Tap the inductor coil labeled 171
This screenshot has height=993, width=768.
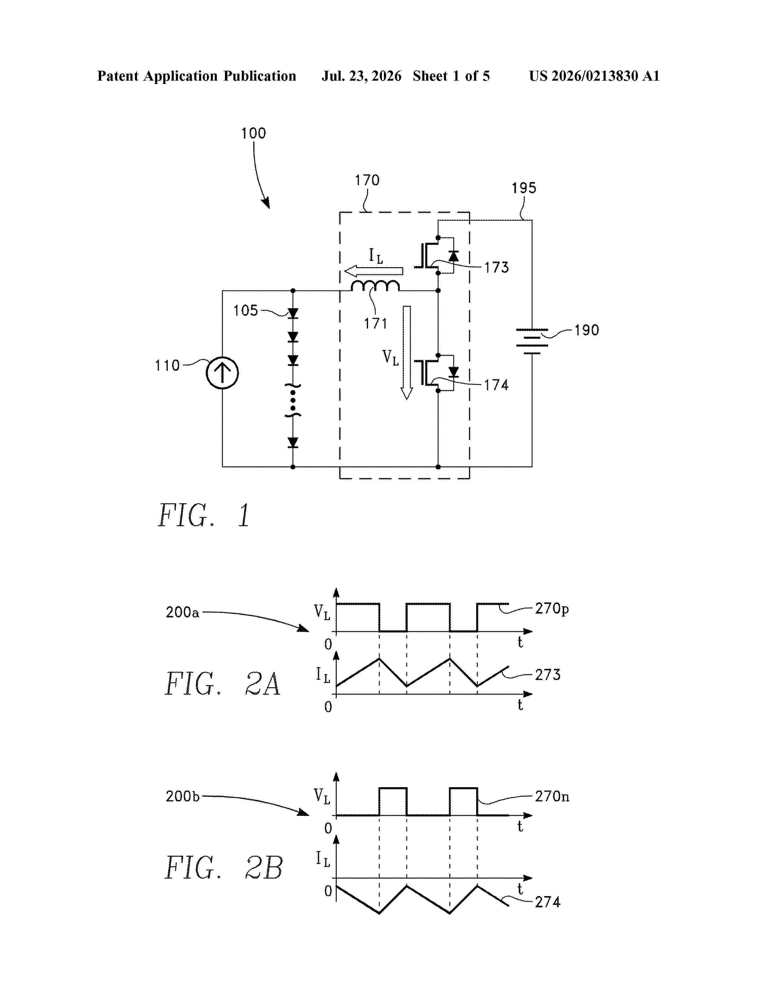[x=375, y=286]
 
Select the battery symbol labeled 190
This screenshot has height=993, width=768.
[x=532, y=341]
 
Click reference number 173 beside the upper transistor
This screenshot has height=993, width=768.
[x=496, y=267]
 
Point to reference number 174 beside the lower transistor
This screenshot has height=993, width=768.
[x=496, y=385]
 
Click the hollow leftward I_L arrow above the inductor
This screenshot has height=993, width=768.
[x=373, y=271]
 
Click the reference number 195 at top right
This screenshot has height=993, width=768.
[x=524, y=188]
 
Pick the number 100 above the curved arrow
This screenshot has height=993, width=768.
[x=253, y=133]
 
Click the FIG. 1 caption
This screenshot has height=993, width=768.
[x=204, y=515]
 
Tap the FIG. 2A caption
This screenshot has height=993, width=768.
[x=223, y=683]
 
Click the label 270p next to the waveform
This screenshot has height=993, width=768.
[x=552, y=608]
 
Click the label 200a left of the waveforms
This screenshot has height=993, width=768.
[x=183, y=612]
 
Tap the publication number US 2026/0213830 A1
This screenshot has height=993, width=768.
[x=594, y=76]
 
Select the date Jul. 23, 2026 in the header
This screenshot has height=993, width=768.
[x=362, y=76]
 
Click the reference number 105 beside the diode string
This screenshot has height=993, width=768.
[x=246, y=311]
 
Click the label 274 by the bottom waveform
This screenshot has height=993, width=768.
[x=547, y=902]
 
